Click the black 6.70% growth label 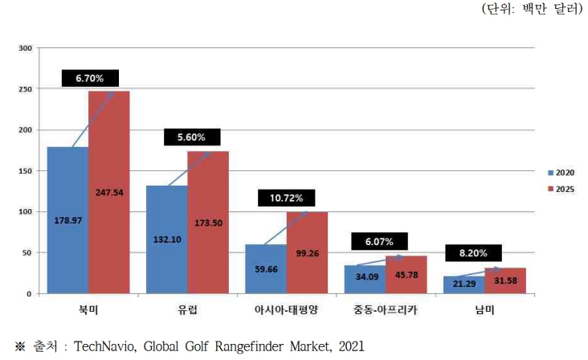90,78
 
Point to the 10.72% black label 287,196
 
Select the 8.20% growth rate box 474,252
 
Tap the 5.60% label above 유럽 191,137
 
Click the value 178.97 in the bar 67,219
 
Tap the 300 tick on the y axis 25,48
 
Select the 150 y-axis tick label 25,171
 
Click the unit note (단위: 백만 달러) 531,10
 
